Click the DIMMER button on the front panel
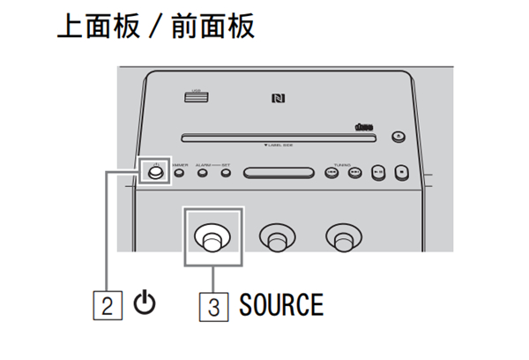180,172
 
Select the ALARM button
203,172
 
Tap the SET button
226,172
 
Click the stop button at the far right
400,172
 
